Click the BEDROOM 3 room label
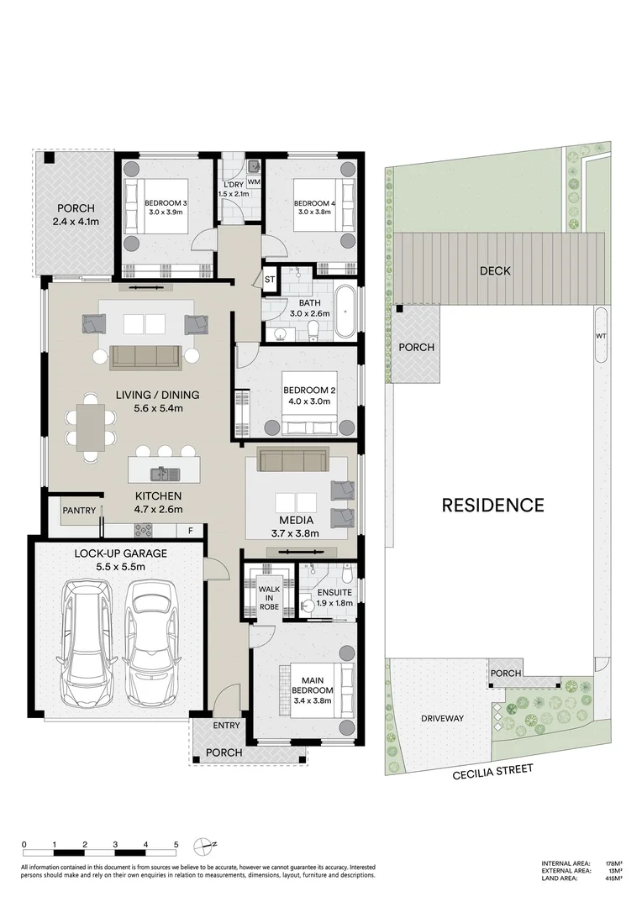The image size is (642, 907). [x=166, y=203]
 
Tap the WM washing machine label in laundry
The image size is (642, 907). [x=253, y=181]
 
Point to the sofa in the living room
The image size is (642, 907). [x=145, y=357]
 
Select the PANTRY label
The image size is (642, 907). [x=77, y=510]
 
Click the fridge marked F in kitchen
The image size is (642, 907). [x=191, y=530]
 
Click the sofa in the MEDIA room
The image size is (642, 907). [x=292, y=459]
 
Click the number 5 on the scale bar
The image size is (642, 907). [x=176, y=845]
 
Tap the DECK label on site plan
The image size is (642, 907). [x=495, y=270]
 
